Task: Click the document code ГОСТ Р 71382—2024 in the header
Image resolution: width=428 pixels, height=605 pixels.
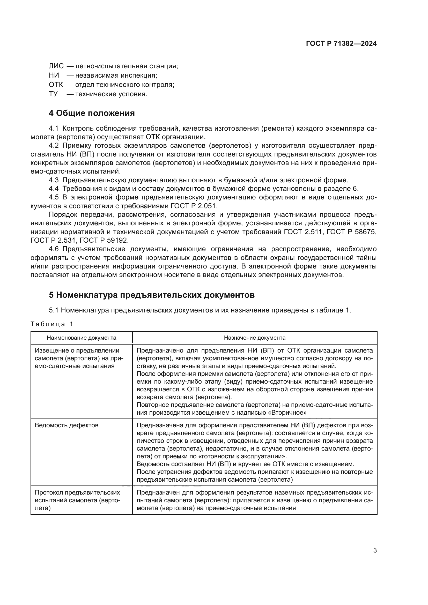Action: pyautogui.click(x=341, y=44)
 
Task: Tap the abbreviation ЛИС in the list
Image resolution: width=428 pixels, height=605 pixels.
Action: pyautogui.click(x=56, y=66)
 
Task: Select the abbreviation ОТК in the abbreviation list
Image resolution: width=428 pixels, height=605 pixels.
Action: pyautogui.click(x=56, y=85)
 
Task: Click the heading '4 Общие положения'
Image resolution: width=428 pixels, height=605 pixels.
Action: pyautogui.click(x=92, y=113)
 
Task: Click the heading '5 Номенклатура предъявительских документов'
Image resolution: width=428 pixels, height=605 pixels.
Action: pyautogui.click(x=152, y=295)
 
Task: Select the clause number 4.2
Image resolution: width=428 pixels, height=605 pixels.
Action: pyautogui.click(x=54, y=146)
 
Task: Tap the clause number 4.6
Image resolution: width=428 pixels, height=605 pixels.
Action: pyautogui.click(x=54, y=249)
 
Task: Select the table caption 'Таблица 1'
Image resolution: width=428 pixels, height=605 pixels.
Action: pyautogui.click(x=52, y=324)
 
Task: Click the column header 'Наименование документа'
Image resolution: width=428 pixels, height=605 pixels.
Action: pyautogui.click(x=82, y=338)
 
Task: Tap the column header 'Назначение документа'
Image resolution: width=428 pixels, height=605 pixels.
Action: pyautogui.click(x=254, y=338)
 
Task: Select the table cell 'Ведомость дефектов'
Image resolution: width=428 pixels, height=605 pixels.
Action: pyautogui.click(x=67, y=425)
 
